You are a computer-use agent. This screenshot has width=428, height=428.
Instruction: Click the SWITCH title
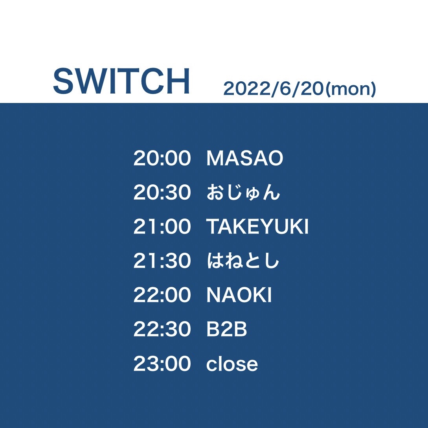121,82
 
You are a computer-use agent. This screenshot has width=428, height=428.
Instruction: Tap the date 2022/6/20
274,89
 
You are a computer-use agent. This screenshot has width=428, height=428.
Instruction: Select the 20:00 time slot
162,158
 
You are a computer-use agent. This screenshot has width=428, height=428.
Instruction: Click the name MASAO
244,158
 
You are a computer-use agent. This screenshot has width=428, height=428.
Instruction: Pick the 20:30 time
162,193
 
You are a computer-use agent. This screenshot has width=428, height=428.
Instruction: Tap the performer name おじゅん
243,193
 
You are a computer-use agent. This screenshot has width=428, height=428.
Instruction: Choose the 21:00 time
162,227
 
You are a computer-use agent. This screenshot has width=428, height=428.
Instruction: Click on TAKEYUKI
257,227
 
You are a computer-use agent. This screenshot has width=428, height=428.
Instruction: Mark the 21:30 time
162,261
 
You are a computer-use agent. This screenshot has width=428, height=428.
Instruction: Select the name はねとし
243,261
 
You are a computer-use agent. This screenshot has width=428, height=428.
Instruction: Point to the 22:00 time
162,295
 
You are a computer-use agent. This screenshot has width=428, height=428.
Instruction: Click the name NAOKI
239,295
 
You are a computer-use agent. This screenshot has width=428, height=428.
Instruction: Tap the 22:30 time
162,329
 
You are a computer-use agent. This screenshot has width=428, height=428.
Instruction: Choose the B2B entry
227,329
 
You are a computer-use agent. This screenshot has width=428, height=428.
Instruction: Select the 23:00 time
162,364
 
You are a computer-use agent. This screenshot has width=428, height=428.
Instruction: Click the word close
232,364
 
